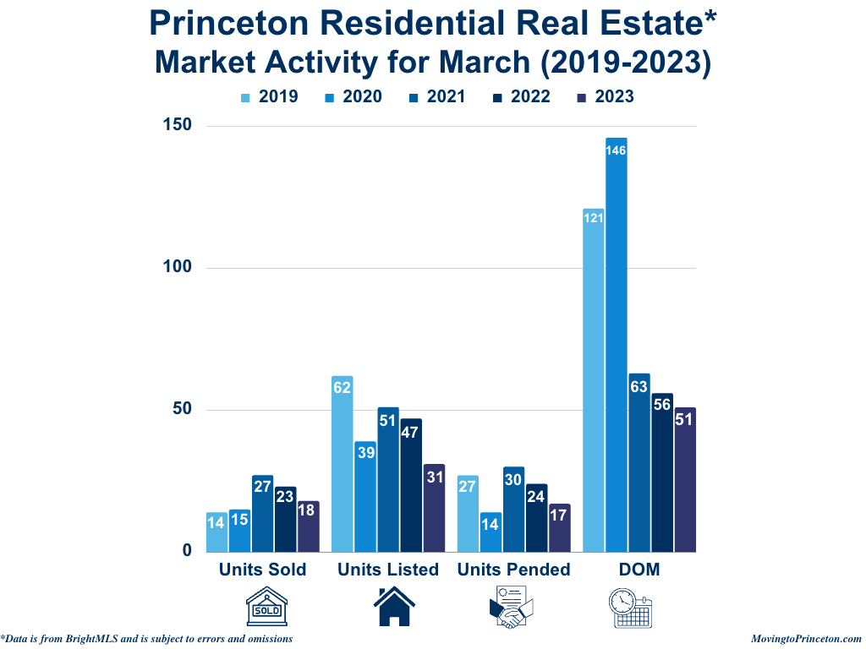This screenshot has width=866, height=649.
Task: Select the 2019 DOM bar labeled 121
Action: tap(594, 380)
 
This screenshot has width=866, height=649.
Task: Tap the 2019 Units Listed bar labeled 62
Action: tap(342, 464)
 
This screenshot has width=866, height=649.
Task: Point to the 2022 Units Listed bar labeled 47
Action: tap(410, 485)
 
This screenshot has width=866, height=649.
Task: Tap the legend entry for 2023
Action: tap(605, 96)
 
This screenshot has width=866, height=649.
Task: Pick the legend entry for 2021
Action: tap(436, 96)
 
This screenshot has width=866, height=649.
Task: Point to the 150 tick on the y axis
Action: tap(178, 126)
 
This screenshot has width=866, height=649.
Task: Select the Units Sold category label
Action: tap(262, 570)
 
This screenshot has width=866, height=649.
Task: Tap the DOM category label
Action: tap(639, 570)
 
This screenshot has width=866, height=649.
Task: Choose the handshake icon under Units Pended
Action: tap(512, 608)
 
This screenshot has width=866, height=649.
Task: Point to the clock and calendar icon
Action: tap(632, 608)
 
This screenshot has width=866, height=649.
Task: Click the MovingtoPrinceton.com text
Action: tap(806, 639)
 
